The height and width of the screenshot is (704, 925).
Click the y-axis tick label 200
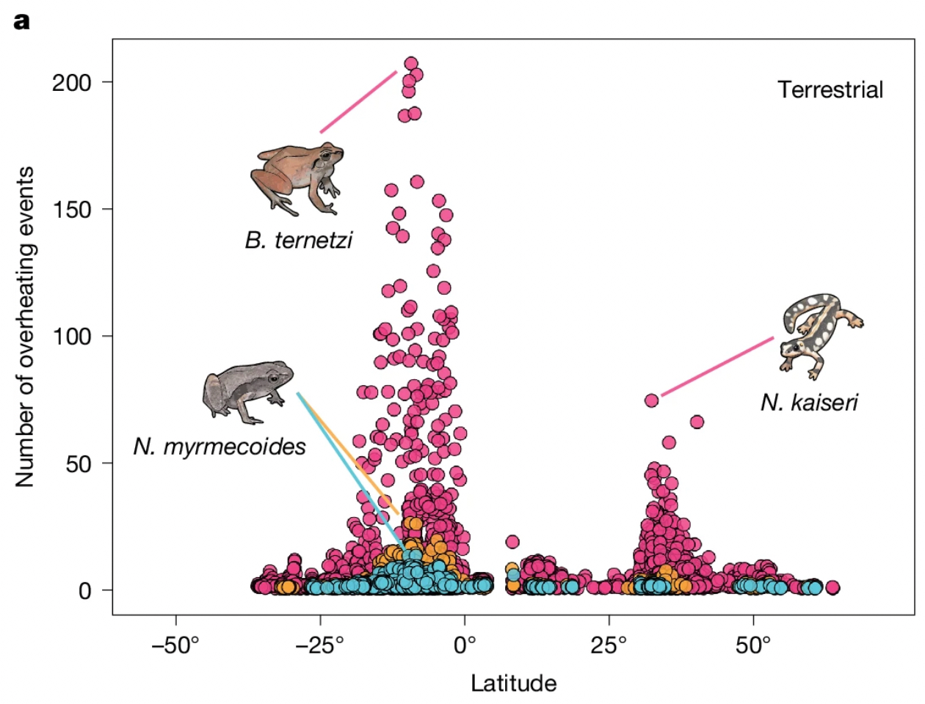pyautogui.click(x=71, y=83)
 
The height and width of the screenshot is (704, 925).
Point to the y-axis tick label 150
pyautogui.click(x=71, y=210)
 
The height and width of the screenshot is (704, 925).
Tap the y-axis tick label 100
pyautogui.click(x=71, y=337)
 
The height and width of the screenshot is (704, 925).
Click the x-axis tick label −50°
pyautogui.click(x=175, y=646)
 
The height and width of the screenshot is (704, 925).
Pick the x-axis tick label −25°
pyautogui.click(x=320, y=646)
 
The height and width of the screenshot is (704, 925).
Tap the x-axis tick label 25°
pyautogui.click(x=609, y=646)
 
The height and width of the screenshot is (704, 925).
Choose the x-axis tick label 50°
pyautogui.click(x=753, y=646)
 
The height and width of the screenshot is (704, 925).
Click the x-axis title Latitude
pyautogui.click(x=513, y=683)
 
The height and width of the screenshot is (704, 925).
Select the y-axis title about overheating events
pyautogui.click(x=25, y=326)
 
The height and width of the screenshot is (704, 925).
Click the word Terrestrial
pyautogui.click(x=830, y=90)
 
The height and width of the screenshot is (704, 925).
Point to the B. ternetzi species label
pyautogui.click(x=299, y=240)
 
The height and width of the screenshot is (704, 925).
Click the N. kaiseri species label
pyautogui.click(x=809, y=402)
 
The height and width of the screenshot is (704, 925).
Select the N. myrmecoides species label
pyautogui.click(x=220, y=446)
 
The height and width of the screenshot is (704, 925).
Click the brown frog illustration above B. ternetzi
pyautogui.click(x=297, y=176)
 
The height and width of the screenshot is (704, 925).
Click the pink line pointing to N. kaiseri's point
pyautogui.click(x=717, y=366)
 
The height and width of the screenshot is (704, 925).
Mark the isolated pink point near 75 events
pyautogui.click(x=651, y=400)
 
